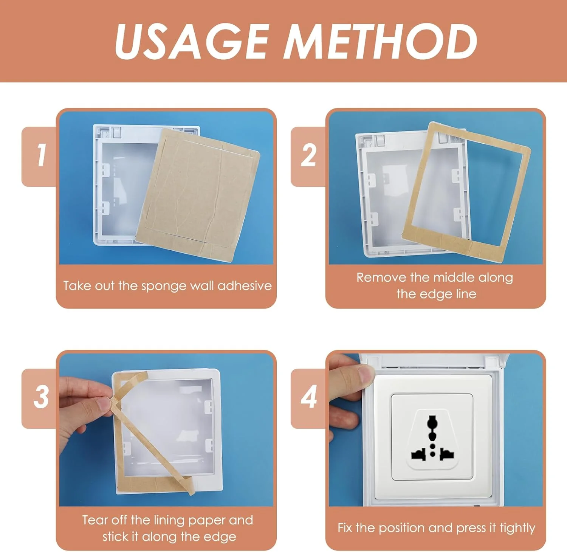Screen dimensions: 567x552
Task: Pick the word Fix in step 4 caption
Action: tap(345, 528)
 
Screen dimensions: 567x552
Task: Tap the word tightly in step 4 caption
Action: tap(517, 528)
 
